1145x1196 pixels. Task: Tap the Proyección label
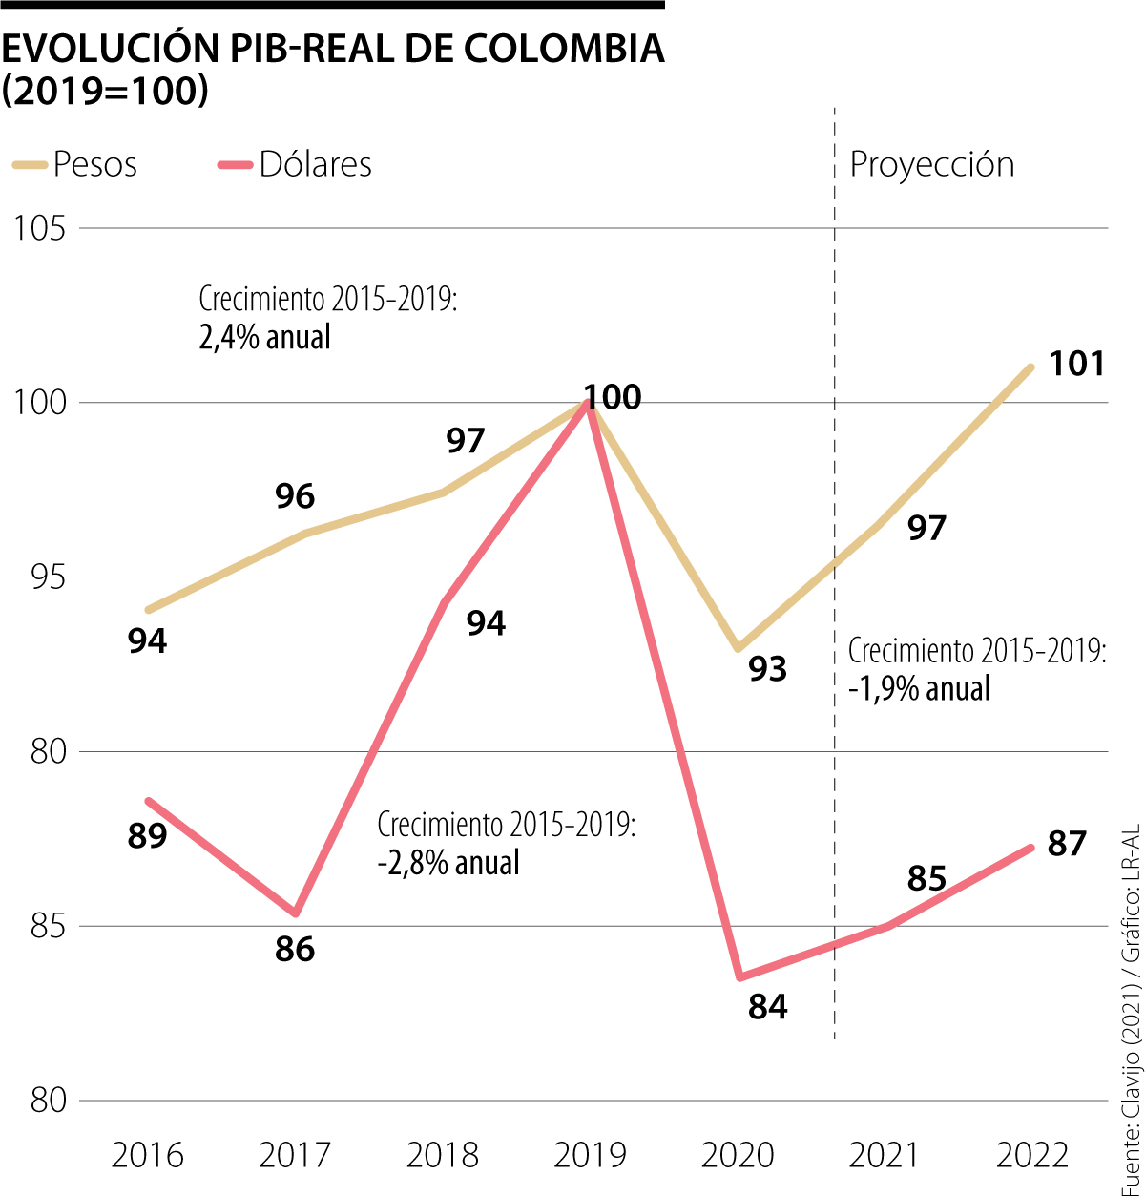pos(931,164)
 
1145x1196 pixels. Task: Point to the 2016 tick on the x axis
pos(147,1155)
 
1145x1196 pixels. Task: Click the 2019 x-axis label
pos(590,1155)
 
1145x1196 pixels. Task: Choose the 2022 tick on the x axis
pos(1032,1155)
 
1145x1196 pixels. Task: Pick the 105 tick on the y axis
pos(39,229)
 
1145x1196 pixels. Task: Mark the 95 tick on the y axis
pos(39,577)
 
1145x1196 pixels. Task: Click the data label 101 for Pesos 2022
pos(1076,364)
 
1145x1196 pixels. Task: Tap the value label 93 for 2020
pos(767,669)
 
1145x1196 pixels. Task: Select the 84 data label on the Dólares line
pos(767,1006)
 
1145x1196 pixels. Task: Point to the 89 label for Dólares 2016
pos(147,835)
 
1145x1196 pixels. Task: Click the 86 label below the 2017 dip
pos(294,949)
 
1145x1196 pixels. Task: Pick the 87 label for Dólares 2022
pos(1067,844)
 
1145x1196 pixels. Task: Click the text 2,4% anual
pos(264,337)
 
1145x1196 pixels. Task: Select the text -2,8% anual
pos(448,862)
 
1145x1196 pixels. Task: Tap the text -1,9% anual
pos(919,688)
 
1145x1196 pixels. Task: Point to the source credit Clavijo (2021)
pos(1132,1080)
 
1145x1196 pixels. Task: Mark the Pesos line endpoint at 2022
pos(1031,367)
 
